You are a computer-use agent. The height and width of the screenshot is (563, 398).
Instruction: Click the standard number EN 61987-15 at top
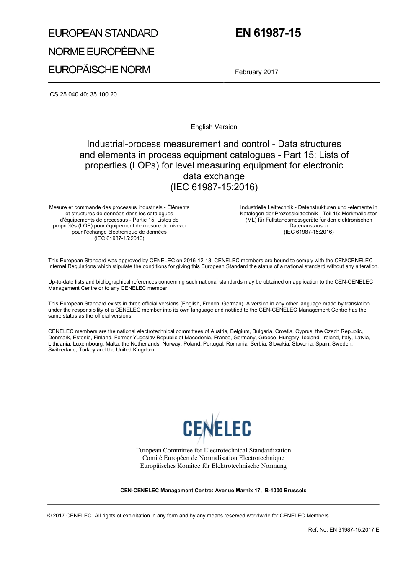(x=268, y=33)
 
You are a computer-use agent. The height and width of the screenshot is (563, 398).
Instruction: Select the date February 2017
(x=256, y=72)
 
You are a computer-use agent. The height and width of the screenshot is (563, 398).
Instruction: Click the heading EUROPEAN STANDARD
(x=103, y=34)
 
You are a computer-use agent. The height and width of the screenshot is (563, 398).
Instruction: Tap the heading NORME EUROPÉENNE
(x=101, y=52)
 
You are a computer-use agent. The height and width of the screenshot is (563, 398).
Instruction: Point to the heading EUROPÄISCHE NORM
(x=99, y=70)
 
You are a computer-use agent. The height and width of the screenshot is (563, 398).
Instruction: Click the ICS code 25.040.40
(x=74, y=94)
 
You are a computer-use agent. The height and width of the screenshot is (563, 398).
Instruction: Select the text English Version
(x=214, y=127)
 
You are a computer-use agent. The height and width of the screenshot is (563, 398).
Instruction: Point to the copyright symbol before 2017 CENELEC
(x=50, y=516)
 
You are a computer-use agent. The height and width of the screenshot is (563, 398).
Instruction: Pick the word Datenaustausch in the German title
(x=309, y=226)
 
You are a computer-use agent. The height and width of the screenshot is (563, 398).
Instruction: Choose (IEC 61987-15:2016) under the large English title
(x=214, y=187)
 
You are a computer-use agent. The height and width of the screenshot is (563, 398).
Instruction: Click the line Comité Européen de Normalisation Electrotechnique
(x=213, y=458)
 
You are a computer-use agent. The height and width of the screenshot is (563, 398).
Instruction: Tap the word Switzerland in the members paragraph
(x=62, y=350)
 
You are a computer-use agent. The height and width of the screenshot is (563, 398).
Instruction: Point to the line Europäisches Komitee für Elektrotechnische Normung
(x=213, y=466)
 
